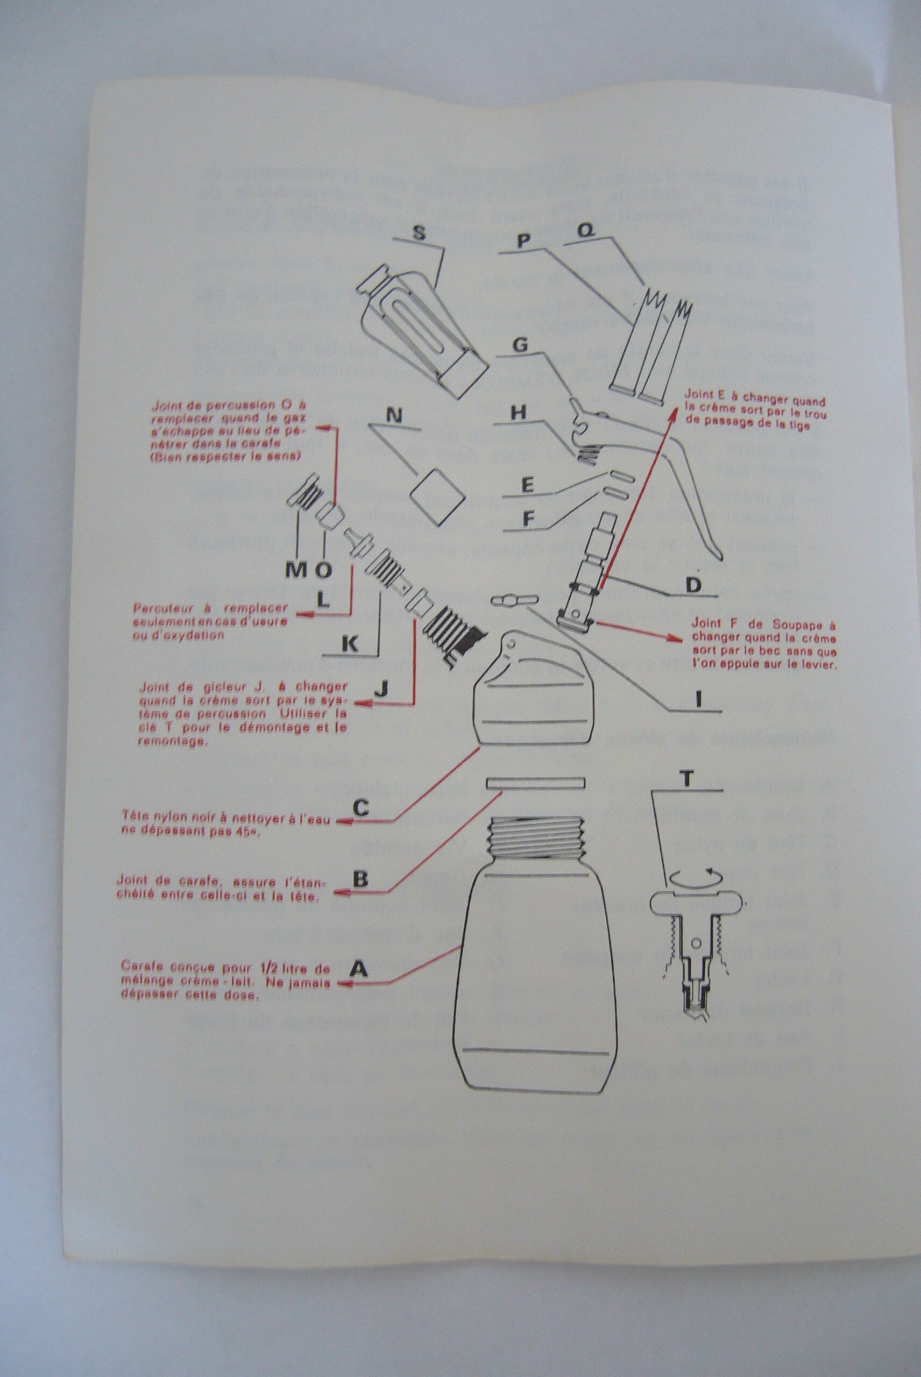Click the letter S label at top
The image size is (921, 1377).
418,232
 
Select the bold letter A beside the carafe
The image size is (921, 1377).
359,968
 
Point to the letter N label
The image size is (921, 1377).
395,416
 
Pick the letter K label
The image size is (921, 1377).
350,645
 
